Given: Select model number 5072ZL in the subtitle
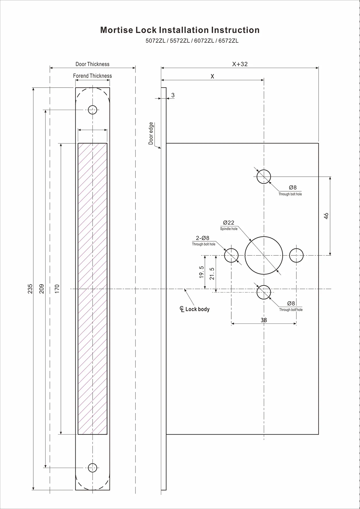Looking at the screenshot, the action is click(x=155, y=41).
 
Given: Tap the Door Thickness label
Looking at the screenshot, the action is click(x=92, y=64).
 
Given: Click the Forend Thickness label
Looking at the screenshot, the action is click(x=92, y=76).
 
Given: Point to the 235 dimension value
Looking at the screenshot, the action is click(x=30, y=289).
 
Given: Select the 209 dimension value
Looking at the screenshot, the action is click(x=42, y=289).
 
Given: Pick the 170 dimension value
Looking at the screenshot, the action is click(x=57, y=289).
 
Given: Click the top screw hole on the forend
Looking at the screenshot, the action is click(x=93, y=110).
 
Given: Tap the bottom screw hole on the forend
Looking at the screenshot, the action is click(x=93, y=468).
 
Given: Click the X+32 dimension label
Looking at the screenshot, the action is click(x=240, y=64).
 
